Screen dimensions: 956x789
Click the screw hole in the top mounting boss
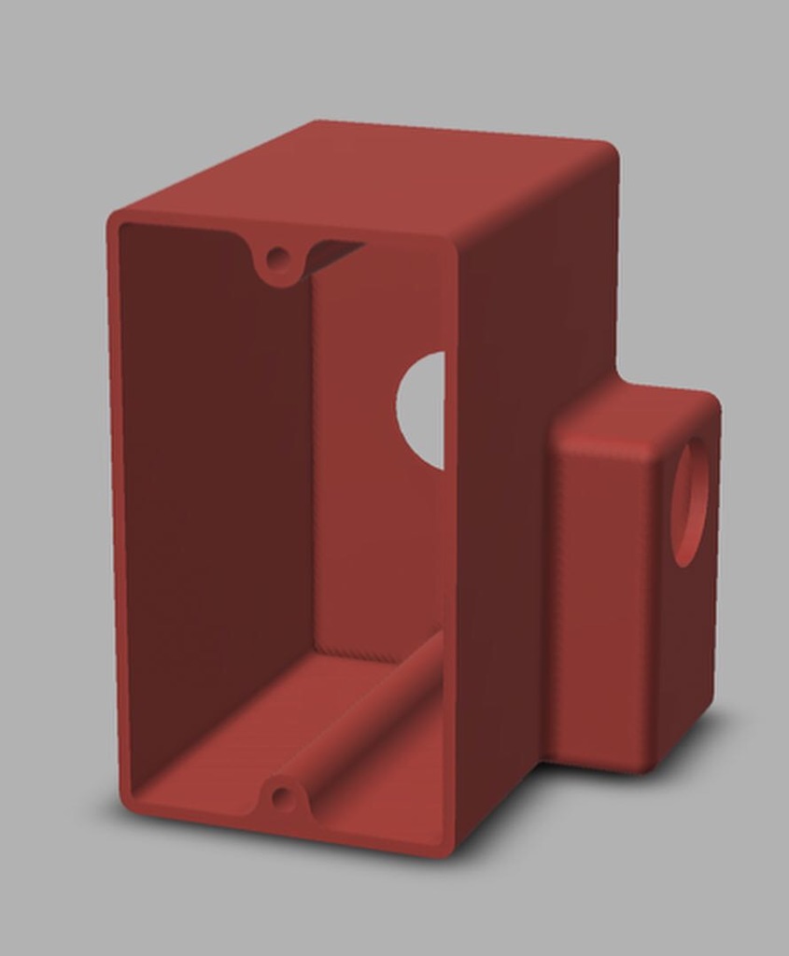277,256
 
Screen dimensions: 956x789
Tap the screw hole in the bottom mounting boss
280,797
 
